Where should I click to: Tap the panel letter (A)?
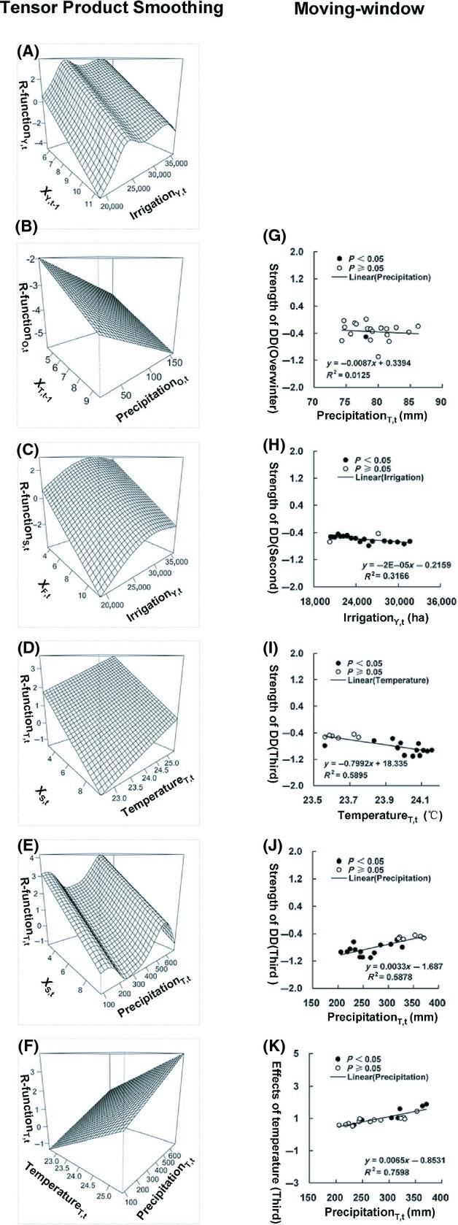pyautogui.click(x=28, y=51)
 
